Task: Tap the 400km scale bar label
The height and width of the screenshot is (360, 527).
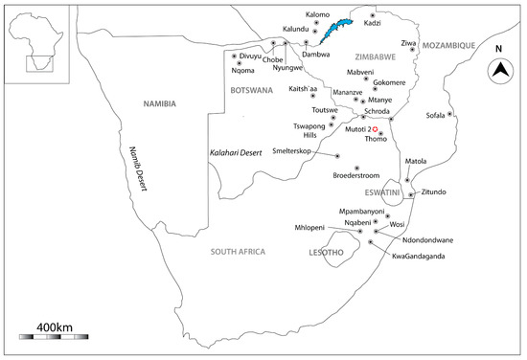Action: pyautogui.click(x=56, y=327)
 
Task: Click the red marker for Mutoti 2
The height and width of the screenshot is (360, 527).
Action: pyautogui.click(x=377, y=129)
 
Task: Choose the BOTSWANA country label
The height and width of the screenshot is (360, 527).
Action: pyautogui.click(x=252, y=88)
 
